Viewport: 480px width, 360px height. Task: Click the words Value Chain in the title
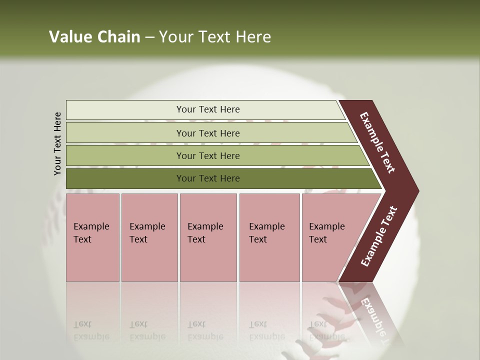click(94, 37)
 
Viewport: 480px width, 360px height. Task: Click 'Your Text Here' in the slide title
click(215, 37)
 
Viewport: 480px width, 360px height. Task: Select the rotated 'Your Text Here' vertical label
click(57, 143)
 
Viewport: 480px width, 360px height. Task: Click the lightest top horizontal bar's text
click(208, 109)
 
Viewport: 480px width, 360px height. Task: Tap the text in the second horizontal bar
click(208, 133)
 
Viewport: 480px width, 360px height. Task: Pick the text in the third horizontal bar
click(208, 156)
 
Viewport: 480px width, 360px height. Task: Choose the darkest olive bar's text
click(208, 178)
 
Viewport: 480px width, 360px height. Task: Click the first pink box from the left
click(92, 237)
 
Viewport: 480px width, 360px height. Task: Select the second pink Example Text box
click(149, 237)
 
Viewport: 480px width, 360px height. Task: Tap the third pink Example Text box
click(208, 237)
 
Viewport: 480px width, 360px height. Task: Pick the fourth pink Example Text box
click(269, 237)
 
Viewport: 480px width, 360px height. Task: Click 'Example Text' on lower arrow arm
click(379, 236)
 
